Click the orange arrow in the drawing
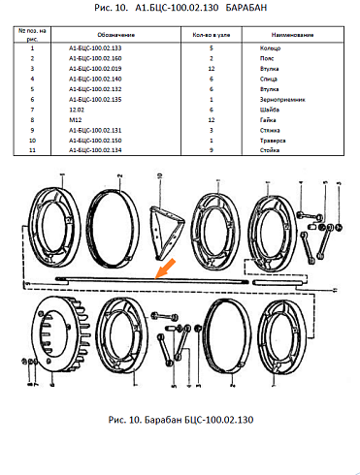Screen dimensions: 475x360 pyautogui.click(x=164, y=267)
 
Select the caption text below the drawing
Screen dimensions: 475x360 pyautogui.click(x=181, y=421)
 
